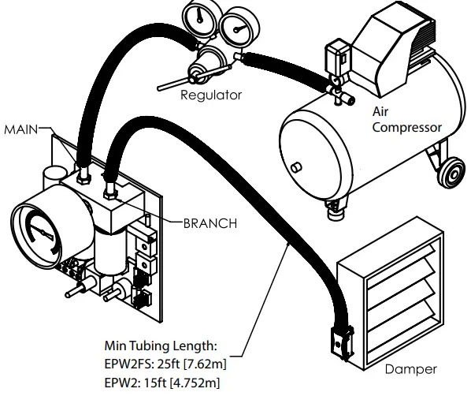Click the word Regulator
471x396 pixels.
pos(210,95)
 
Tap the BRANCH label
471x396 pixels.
pos(210,223)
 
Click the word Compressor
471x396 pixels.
pos(407,127)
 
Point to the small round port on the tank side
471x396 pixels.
pos(296,167)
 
